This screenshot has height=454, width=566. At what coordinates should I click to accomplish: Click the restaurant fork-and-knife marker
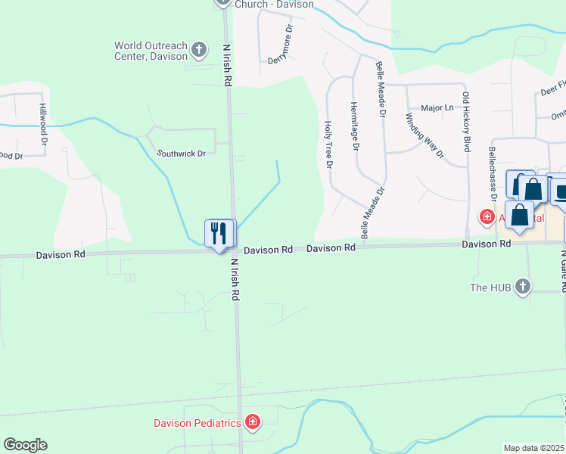220,233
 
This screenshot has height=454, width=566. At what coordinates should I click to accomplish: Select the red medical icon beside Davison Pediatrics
253,422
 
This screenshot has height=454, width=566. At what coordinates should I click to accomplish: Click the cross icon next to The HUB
521,287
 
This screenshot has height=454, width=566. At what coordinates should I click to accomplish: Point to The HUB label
490,288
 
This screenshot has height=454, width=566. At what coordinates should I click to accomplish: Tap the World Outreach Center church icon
199,50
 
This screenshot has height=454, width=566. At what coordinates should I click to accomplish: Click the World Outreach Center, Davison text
151,51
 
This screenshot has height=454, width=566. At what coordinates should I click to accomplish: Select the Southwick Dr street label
181,154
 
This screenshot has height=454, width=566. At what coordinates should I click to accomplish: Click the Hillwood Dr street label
43,124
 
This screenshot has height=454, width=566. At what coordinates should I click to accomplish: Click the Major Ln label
437,108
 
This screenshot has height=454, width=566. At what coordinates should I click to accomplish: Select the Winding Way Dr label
424,135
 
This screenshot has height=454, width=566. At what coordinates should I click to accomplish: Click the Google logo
25,445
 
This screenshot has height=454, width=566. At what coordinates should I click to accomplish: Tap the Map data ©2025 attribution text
533,448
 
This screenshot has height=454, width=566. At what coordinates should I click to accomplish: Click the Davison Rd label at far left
61,255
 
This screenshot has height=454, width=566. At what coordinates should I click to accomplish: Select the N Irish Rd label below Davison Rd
235,280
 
